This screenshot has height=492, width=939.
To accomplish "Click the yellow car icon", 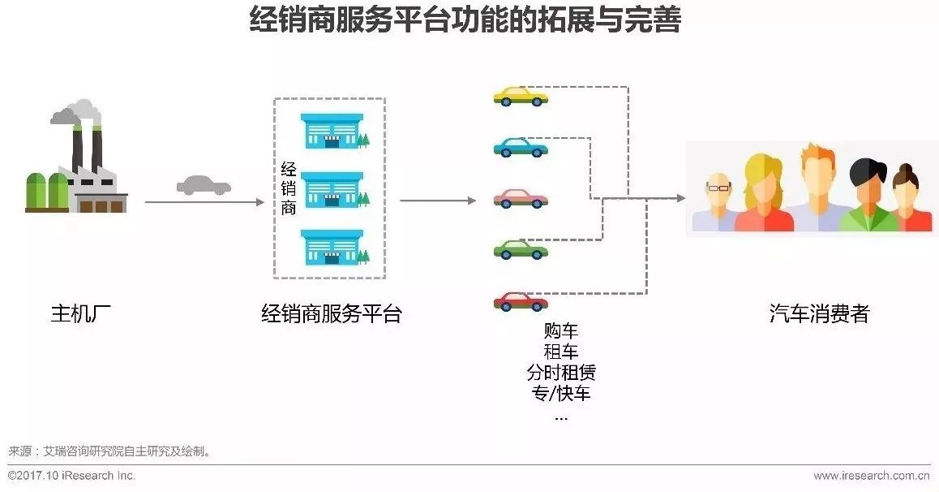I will pos(521,96).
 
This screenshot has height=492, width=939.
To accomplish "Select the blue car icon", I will pos(521,147).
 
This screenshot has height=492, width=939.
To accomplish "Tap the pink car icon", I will pos(521,198).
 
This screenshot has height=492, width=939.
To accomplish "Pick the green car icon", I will pos(521,249).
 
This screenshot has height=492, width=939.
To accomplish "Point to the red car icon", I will pos(521,300).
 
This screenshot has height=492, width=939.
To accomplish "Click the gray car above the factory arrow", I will pos(204,185).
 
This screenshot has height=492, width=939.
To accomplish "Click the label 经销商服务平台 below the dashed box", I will pos(331,313).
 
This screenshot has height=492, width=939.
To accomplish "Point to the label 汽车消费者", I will pos(819,313).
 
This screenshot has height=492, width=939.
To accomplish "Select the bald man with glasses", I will pos(717,203).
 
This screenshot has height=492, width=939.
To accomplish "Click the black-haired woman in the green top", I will pos(866,195).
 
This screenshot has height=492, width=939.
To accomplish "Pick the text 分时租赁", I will pos(561,373).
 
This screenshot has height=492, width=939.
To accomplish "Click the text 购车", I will pos(561,330).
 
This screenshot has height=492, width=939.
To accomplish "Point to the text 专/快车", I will pos(561,394).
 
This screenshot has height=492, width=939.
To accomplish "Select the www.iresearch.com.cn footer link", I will pos(872,476).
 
